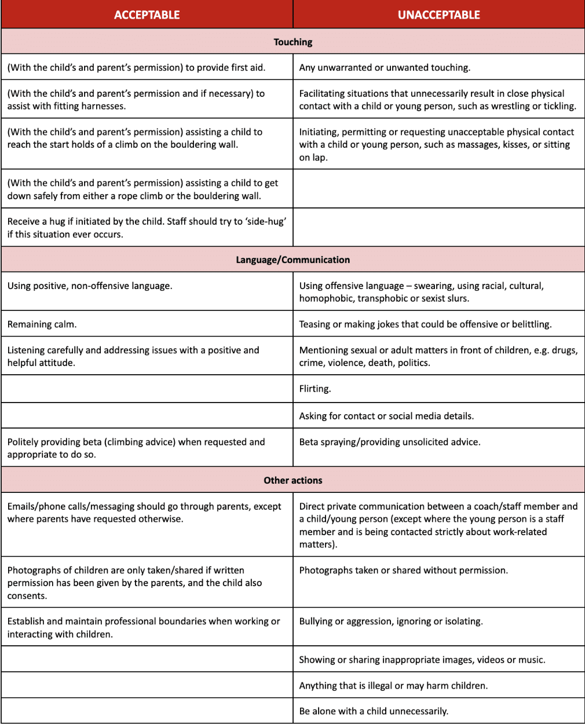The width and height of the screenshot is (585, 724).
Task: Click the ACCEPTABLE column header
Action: (147, 15)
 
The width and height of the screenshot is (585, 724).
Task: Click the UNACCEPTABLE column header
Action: (438, 15)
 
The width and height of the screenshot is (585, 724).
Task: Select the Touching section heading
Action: (292, 42)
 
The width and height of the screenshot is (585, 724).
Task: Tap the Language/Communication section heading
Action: (292, 259)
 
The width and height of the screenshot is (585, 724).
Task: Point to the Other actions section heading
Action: (292, 480)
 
